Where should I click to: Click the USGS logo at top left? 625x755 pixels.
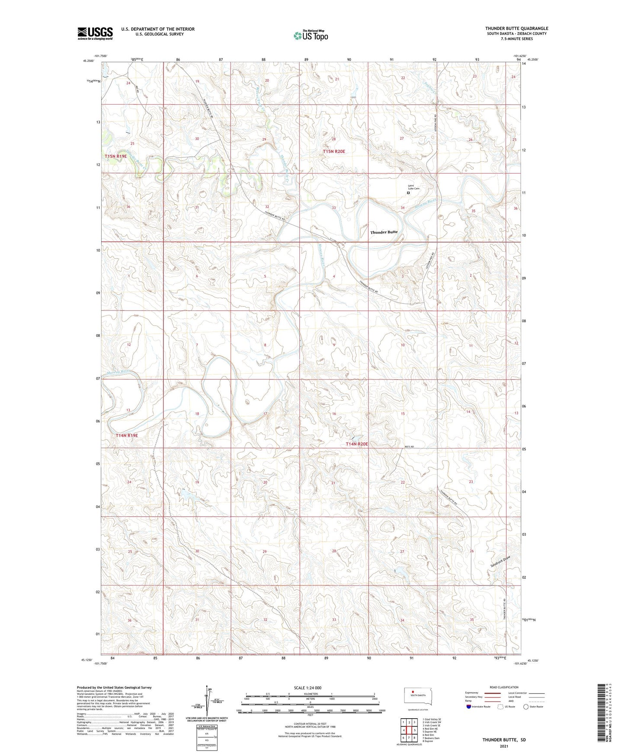coord(95,33)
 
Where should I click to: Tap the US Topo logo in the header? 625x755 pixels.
coord(310,35)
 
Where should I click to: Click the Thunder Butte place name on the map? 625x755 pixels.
coord(384,232)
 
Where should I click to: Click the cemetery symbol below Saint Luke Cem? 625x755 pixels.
coord(408,193)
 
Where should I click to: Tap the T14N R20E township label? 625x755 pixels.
coord(356,444)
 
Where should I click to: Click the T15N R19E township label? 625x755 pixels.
coord(115,156)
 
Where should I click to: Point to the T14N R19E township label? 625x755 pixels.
coord(127,435)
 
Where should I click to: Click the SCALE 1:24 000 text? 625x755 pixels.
coord(308,688)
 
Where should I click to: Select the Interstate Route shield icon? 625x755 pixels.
coord(469,707)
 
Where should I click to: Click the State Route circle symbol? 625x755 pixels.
coord(526,707)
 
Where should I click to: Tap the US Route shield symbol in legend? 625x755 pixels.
coord(501,707)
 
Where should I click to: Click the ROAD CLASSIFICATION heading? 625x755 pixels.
coord(504,687)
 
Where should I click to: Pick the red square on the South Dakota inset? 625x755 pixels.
coord(413,691)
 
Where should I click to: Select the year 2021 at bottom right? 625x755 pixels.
coord(504,746)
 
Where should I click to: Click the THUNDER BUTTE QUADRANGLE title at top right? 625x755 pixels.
coord(516,29)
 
